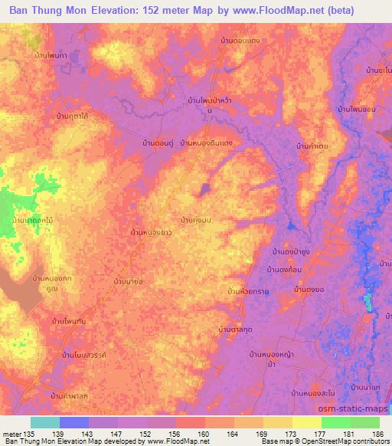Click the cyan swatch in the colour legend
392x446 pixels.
click(x=45, y=422)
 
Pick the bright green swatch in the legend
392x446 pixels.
click(x=336, y=422)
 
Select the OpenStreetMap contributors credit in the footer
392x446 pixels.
click(x=342, y=441)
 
